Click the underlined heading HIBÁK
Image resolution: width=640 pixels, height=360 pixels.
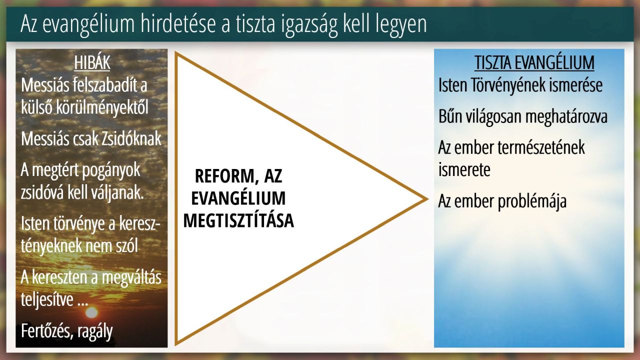point(92,63)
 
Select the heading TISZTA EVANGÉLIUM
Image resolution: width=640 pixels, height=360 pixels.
point(534,63)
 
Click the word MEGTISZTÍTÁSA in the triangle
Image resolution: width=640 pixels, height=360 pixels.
point(238,220)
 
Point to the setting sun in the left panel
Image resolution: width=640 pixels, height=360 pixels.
point(91,312)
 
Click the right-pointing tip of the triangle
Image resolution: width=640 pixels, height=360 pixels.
point(427,199)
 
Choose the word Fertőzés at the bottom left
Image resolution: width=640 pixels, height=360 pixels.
point(45,331)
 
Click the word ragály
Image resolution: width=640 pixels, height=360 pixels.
point(95,332)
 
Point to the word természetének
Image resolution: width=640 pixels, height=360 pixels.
point(541,148)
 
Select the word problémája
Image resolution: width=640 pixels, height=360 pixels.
point(532,201)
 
